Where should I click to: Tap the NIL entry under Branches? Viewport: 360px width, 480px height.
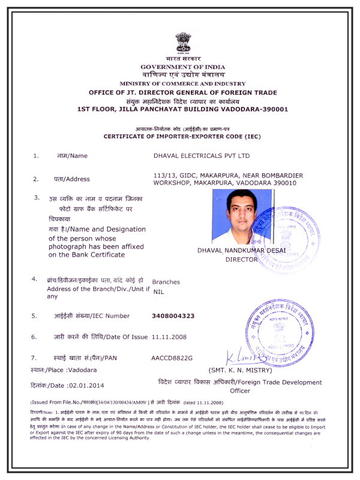point(159,290)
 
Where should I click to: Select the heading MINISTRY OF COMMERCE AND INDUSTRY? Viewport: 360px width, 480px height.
point(182,83)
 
